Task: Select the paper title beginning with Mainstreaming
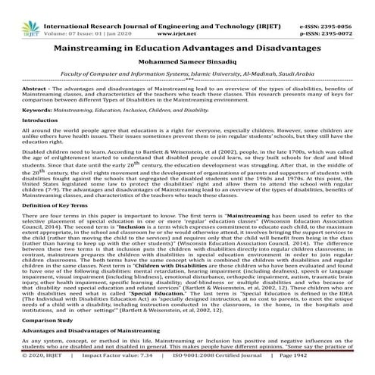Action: coord(187,47)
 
